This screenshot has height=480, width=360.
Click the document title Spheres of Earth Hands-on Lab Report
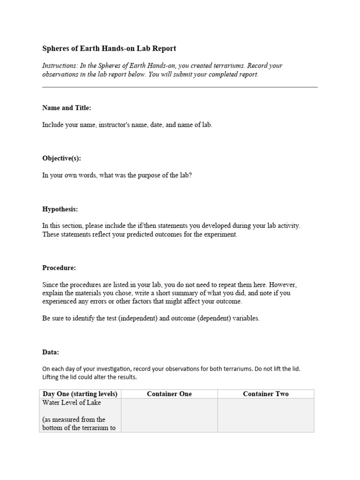(109, 49)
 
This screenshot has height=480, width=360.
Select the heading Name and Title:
(67, 108)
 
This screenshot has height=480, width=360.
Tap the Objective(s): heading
(61, 158)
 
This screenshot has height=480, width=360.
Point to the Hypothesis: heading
(60, 209)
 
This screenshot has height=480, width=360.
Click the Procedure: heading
(59, 268)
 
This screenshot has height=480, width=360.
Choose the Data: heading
(51, 352)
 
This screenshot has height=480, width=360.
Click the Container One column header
(169, 394)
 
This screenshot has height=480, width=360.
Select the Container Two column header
(266, 394)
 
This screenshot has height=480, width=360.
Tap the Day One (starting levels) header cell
(80, 394)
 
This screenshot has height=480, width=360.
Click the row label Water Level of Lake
(72, 403)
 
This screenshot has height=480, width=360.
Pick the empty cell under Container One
(169, 415)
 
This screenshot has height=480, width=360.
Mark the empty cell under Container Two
(266, 415)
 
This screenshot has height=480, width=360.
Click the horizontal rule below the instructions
(180, 87)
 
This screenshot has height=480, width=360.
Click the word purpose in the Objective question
(143, 175)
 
